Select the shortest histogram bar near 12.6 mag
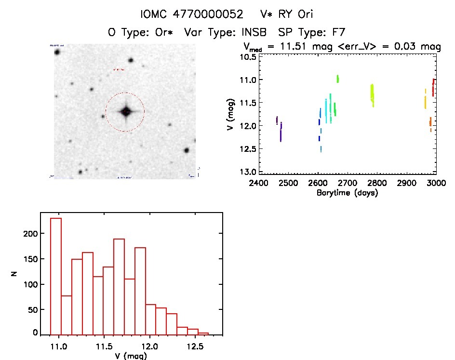click(x=203, y=333)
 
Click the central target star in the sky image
click(x=126, y=112)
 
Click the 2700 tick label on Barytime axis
click(x=348, y=183)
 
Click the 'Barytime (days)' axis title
click(x=347, y=193)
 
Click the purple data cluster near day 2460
click(x=277, y=120)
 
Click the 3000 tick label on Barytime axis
click(x=436, y=183)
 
